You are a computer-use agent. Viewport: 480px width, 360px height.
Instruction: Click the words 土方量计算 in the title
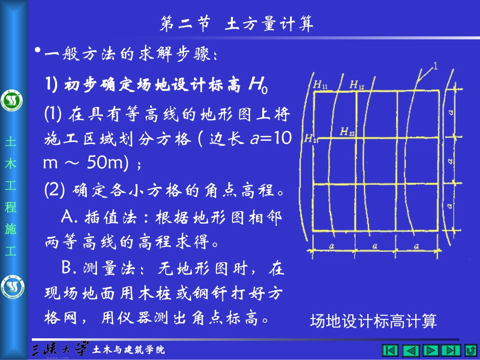click(x=269, y=24)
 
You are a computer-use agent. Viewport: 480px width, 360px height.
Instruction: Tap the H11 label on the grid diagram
click(x=320, y=85)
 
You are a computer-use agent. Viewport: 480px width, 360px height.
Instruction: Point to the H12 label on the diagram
click(x=357, y=84)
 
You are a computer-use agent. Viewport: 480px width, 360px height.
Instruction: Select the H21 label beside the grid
click(x=310, y=140)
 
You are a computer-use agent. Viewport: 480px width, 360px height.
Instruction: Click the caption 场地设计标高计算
click(x=373, y=321)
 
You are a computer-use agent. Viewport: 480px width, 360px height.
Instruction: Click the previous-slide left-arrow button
click(x=410, y=350)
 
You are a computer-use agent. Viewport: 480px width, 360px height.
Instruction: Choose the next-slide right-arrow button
click(x=430, y=350)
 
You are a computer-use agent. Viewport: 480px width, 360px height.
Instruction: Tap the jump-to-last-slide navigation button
click(x=450, y=350)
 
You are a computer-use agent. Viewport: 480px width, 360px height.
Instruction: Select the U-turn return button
click(x=469, y=350)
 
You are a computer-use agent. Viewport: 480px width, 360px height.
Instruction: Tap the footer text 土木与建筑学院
click(x=129, y=350)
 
